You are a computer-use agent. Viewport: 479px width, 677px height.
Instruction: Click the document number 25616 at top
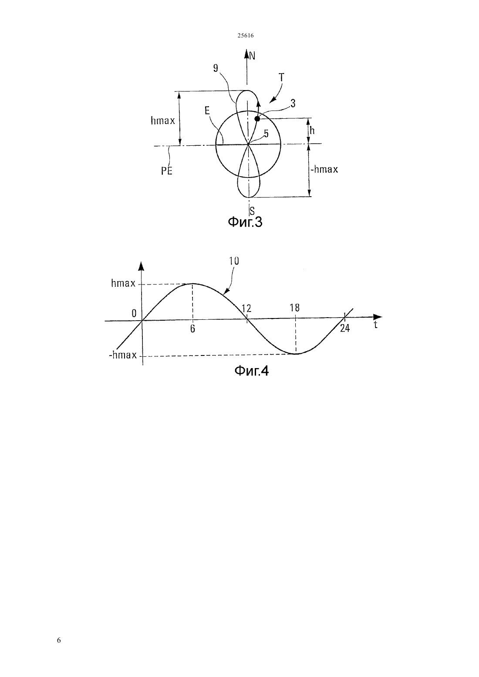[245, 35]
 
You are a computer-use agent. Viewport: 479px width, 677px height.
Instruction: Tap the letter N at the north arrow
[252, 56]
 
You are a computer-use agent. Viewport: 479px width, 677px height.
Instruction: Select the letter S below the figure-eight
[252, 211]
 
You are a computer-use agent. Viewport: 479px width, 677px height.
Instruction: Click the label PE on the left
[166, 171]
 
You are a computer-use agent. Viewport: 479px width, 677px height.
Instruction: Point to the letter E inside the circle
[207, 111]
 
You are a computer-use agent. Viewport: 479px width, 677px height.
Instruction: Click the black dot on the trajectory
[257, 119]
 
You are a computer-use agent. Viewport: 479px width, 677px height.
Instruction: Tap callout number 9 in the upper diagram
[215, 68]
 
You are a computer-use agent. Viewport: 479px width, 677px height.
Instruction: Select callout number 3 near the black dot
[293, 104]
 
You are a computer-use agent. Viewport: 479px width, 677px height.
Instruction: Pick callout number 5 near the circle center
[266, 133]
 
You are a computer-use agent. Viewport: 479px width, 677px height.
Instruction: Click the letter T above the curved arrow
[282, 77]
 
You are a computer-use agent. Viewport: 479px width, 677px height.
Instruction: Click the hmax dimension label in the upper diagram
[163, 121]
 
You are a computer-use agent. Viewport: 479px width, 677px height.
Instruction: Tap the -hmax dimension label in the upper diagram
[324, 169]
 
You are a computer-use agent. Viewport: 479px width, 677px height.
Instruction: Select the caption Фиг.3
[245, 222]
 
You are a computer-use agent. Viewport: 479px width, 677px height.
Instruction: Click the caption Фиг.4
[252, 371]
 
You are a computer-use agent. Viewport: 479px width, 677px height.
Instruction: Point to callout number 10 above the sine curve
[234, 261]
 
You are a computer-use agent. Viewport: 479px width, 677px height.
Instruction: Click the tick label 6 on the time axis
[192, 329]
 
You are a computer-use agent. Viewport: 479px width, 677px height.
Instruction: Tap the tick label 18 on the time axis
[294, 308]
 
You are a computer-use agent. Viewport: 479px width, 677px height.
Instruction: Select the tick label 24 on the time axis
[345, 328]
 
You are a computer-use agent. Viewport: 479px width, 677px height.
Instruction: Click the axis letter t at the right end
[375, 325]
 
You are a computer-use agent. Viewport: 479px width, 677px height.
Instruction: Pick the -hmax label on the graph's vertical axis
[123, 355]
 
